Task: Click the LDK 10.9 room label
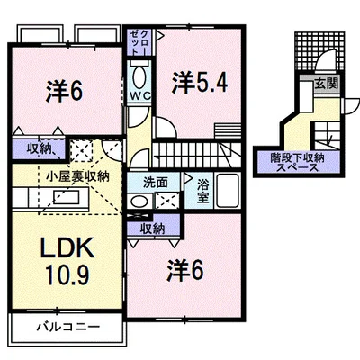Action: [x=67, y=260]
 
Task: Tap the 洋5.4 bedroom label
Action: [x=200, y=83]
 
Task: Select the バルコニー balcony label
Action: [x=68, y=327]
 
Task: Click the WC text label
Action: [x=139, y=96]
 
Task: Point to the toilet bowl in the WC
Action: [x=139, y=77]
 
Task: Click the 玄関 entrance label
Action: [x=326, y=84]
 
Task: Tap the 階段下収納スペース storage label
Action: [x=297, y=162]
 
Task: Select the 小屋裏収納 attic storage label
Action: [x=77, y=176]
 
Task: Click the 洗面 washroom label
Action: [x=155, y=183]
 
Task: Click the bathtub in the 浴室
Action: [x=228, y=191]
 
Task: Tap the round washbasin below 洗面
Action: [x=139, y=201]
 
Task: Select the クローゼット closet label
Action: [x=139, y=42]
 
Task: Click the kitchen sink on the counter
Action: [x=67, y=197]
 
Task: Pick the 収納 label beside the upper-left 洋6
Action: [x=39, y=148]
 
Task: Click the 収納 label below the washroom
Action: [x=153, y=229]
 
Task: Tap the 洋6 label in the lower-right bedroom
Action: [x=185, y=271]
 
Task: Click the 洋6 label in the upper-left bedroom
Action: [x=64, y=92]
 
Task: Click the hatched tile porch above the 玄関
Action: [x=319, y=51]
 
